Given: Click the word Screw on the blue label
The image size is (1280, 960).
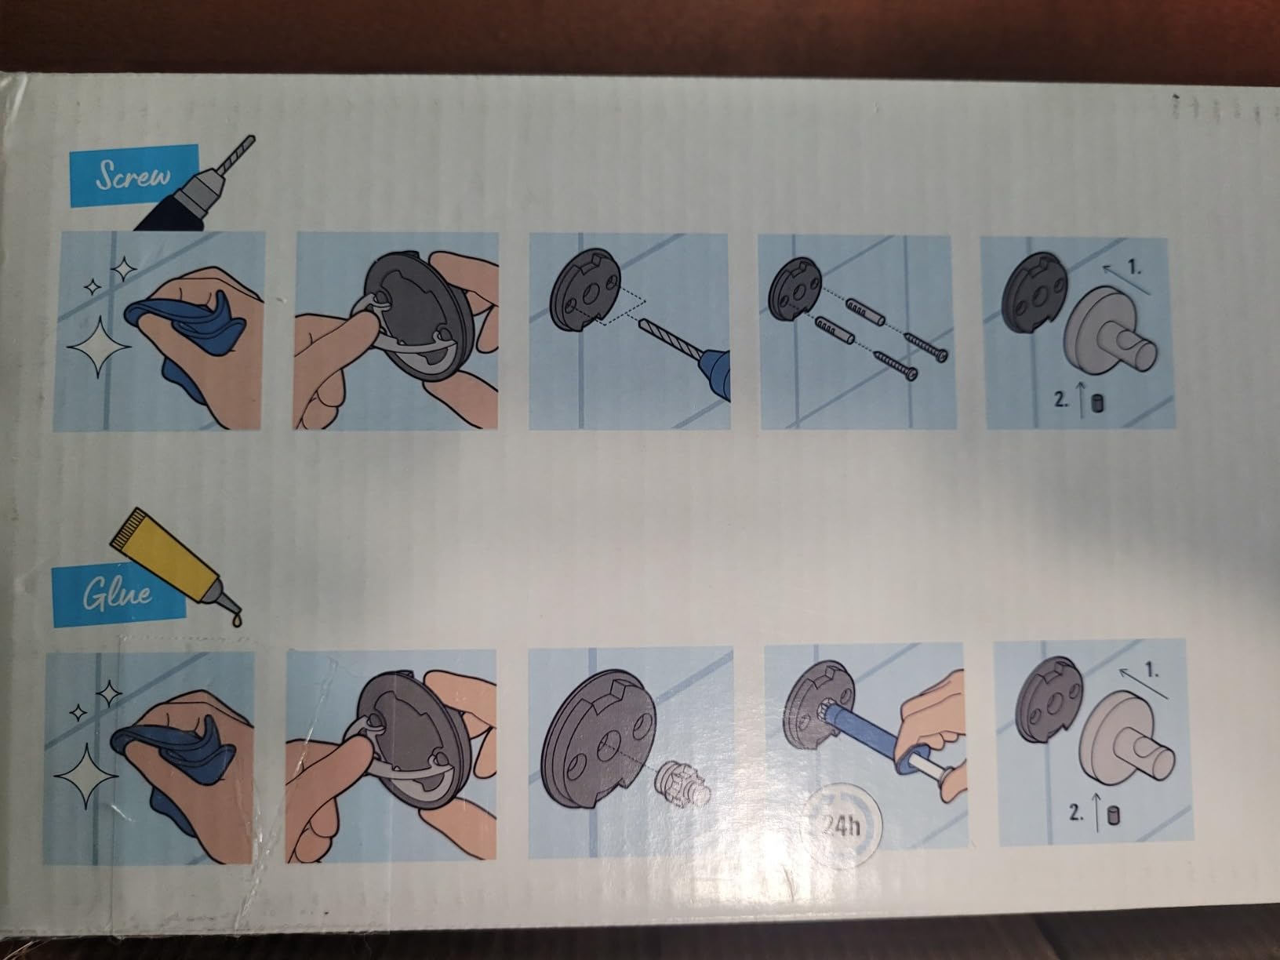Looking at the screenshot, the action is (133, 175).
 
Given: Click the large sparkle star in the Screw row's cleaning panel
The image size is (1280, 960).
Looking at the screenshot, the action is (98, 346).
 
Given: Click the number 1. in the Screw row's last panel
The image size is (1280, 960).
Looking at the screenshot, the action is (1135, 267).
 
